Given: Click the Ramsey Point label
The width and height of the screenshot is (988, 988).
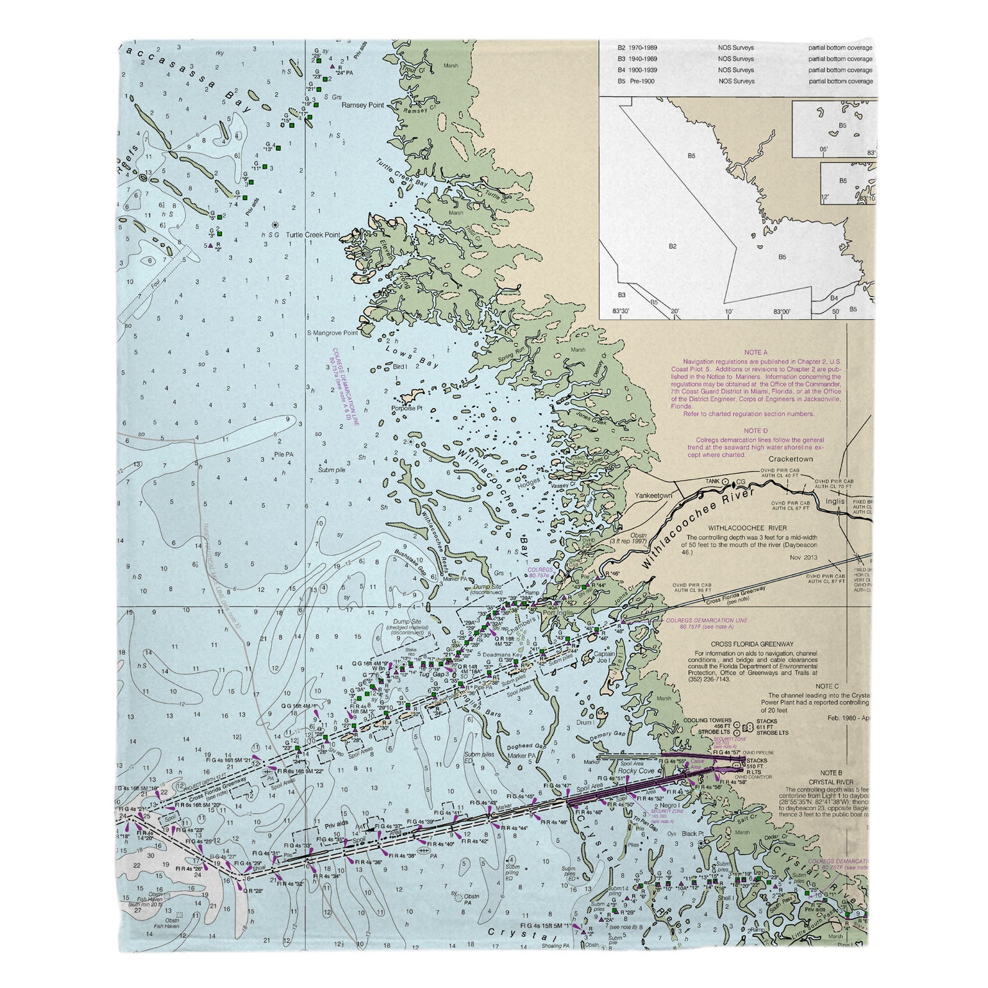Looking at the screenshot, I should pos(363,105).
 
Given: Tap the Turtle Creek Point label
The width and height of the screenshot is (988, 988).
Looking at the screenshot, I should pos(313,235).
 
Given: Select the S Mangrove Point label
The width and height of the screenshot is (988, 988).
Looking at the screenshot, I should pos(332,333).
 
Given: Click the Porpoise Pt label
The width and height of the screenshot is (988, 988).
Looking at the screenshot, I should pos(406,409).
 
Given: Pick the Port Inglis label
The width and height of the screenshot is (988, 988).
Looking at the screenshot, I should pos(557,612).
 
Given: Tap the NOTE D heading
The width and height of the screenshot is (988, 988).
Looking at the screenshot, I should pos(756,431).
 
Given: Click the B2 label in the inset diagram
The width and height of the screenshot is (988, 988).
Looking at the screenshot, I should pos(673,246).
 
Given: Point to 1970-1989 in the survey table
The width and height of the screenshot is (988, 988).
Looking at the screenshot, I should pos(641,47).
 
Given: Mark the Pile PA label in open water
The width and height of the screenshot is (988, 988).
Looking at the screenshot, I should pos(284,455).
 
